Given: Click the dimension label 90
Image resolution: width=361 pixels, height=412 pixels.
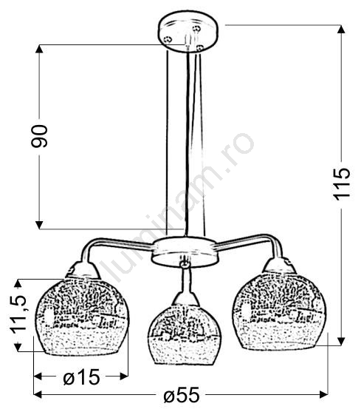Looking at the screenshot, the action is tap(39, 136).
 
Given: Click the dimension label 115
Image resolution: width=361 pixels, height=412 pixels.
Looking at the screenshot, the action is tap(341, 183).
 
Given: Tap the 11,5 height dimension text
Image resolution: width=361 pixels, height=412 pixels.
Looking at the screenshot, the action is tap(18, 314).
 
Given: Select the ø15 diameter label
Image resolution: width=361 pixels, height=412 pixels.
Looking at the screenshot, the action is tap(81, 377).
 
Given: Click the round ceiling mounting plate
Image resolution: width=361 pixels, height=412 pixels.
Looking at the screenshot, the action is tap(188, 32).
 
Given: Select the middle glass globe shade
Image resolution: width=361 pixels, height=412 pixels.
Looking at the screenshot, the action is tap(185, 334).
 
